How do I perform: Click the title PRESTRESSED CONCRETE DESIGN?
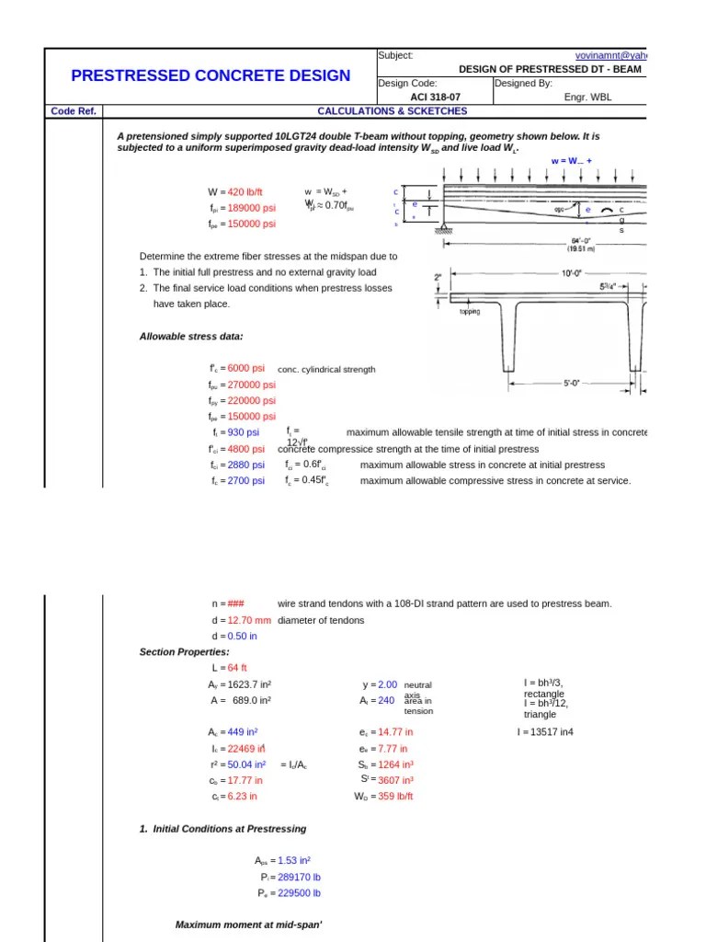[211, 76]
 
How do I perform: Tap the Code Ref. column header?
[74, 111]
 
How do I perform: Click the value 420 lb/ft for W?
[245, 191]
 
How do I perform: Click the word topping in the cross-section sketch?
[470, 311]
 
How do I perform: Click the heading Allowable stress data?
[191, 337]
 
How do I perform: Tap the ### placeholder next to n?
[236, 603]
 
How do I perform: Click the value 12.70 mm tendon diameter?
[248, 620]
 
